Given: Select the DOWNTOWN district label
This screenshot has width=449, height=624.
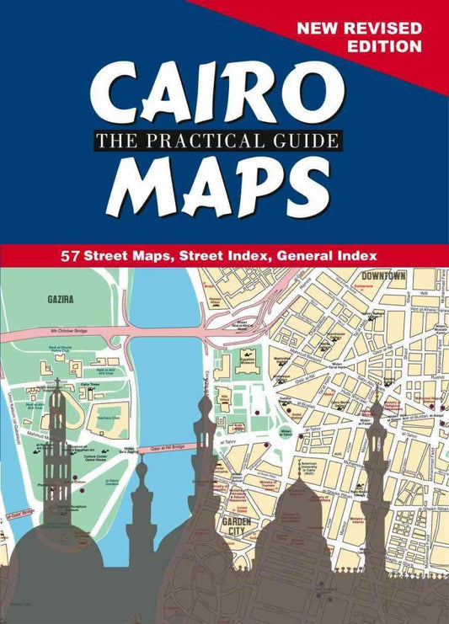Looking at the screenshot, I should pyautogui.click(x=383, y=275).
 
